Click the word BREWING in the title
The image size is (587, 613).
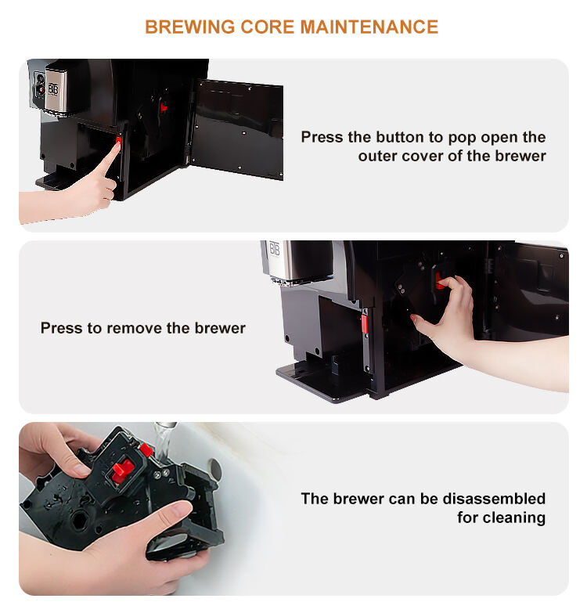[x=189, y=27]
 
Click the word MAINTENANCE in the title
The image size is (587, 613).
[x=369, y=27]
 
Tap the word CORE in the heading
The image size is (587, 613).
[x=267, y=27]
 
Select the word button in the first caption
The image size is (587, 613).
[x=399, y=137]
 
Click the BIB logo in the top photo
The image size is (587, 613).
[x=53, y=89]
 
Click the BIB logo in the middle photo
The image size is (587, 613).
[x=275, y=249]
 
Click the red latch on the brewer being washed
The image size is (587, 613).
[x=123, y=471]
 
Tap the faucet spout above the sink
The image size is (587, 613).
[x=165, y=425]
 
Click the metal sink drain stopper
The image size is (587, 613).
[x=214, y=468]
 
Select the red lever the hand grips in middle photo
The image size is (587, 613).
[x=439, y=280]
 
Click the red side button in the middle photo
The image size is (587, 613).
[x=365, y=324]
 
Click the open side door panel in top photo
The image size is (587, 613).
[x=237, y=129]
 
